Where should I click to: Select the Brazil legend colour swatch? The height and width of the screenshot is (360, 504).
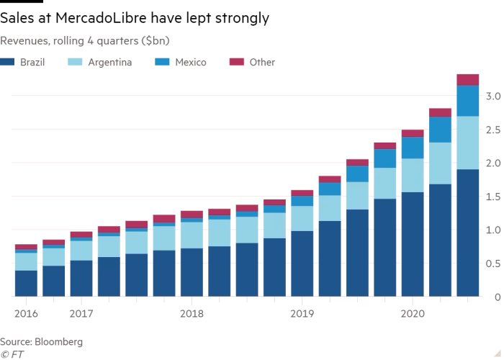tap(8, 63)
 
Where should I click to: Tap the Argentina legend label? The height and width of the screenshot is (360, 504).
tap(109, 63)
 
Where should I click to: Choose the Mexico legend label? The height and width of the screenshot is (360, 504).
tap(190, 63)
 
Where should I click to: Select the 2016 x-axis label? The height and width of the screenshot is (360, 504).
tap(25, 313)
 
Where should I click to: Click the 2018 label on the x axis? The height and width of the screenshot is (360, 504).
tap(192, 313)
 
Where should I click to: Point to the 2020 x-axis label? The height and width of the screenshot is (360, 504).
tap(413, 313)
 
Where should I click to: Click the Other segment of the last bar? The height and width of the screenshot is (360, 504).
tap(468, 79)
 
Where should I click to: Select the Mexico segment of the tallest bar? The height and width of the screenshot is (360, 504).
tap(468, 101)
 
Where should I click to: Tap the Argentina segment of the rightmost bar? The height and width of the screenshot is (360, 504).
tap(468, 143)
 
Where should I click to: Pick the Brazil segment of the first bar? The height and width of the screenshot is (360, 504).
tap(26, 284)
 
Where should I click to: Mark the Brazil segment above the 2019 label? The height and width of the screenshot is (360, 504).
tap(302, 264)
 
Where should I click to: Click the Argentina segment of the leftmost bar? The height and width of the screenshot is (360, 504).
tap(26, 261)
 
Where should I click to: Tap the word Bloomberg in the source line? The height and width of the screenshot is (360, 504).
tap(60, 341)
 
